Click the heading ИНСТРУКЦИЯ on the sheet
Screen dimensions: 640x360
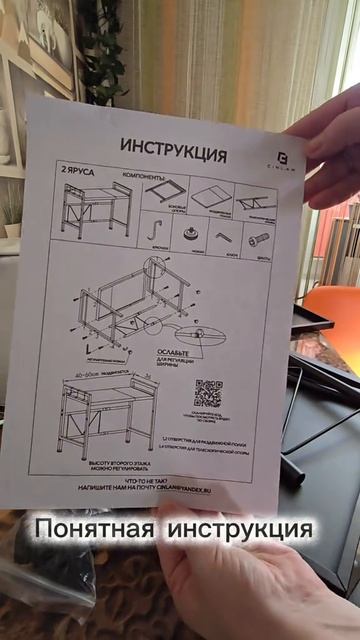[173, 150]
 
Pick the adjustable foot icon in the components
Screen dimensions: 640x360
[190, 234]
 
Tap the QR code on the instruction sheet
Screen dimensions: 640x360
[208, 390]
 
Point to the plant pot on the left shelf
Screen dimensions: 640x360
[12, 230]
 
